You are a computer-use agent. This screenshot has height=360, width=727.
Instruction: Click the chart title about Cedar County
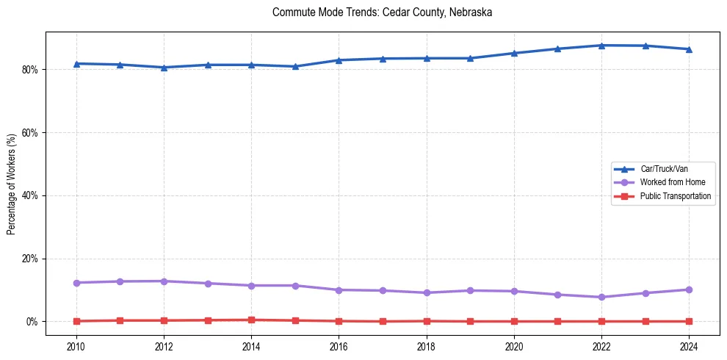pos(382,12)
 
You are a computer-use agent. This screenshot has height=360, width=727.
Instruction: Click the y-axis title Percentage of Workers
pos(12,184)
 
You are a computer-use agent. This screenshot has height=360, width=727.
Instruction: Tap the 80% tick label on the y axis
pos(30,70)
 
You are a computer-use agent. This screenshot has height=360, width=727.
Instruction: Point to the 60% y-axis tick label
pos(30,133)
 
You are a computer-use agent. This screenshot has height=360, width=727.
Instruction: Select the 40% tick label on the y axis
pos(30,196)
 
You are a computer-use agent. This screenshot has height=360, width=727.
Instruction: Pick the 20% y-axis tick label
pos(30,259)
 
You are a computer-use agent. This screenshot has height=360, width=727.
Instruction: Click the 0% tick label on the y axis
pos(32,322)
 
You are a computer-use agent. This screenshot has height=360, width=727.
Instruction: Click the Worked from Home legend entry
pos(669,182)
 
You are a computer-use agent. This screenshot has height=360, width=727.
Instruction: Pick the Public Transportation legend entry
pos(675,196)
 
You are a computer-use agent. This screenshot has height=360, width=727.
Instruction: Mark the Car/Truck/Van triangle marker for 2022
pos(601,46)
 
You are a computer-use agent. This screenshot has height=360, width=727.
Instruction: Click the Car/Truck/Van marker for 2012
pos(164,68)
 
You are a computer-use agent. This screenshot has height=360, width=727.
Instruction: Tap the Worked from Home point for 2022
pos(601,297)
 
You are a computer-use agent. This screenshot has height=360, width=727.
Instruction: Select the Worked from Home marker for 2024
pos(689,289)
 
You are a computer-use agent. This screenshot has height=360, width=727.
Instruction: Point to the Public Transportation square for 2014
pos(251,320)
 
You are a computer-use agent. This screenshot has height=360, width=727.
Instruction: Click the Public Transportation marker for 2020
pos(514,321)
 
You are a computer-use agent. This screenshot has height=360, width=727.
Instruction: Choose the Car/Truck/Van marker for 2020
pos(514,53)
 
